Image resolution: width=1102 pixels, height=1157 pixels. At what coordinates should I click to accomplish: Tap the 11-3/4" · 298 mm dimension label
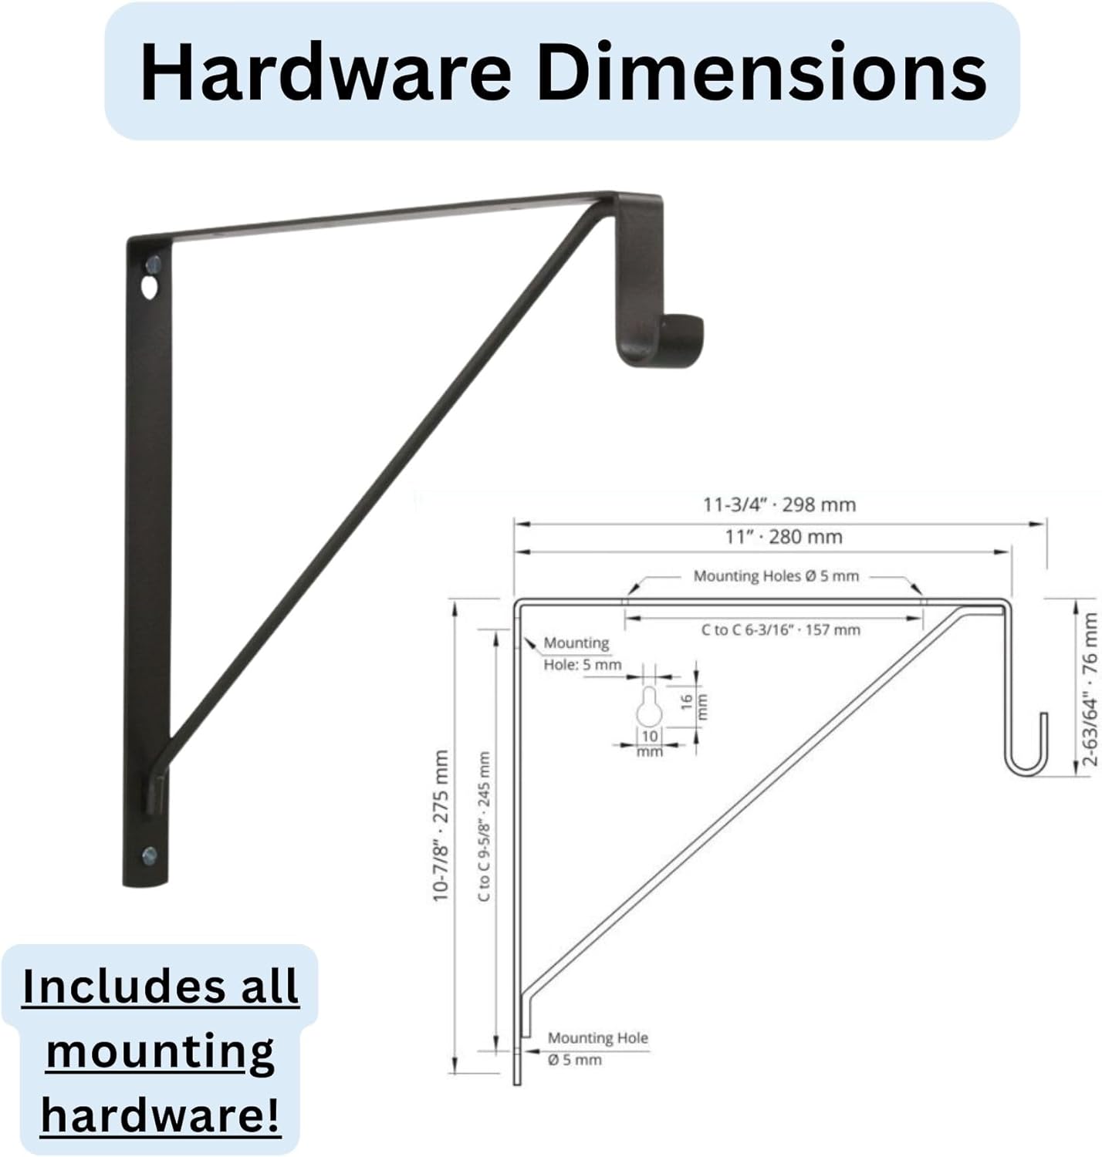click(x=779, y=505)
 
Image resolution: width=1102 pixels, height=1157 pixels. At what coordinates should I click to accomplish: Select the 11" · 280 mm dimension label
click(x=783, y=537)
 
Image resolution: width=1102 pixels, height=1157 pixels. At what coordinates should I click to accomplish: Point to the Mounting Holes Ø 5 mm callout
click(x=776, y=575)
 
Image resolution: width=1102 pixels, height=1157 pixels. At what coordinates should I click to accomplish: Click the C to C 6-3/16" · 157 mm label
click(x=780, y=630)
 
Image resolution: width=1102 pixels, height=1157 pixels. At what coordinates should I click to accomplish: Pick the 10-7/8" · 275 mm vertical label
click(x=441, y=825)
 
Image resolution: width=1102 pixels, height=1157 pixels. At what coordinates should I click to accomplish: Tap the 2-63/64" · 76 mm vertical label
click(x=1090, y=689)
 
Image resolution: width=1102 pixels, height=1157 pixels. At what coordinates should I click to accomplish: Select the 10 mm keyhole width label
click(x=650, y=743)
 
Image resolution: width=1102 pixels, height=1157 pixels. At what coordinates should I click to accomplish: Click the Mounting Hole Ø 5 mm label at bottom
click(x=597, y=1049)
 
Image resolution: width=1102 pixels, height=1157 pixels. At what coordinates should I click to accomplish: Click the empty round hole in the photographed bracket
click(x=147, y=290)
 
